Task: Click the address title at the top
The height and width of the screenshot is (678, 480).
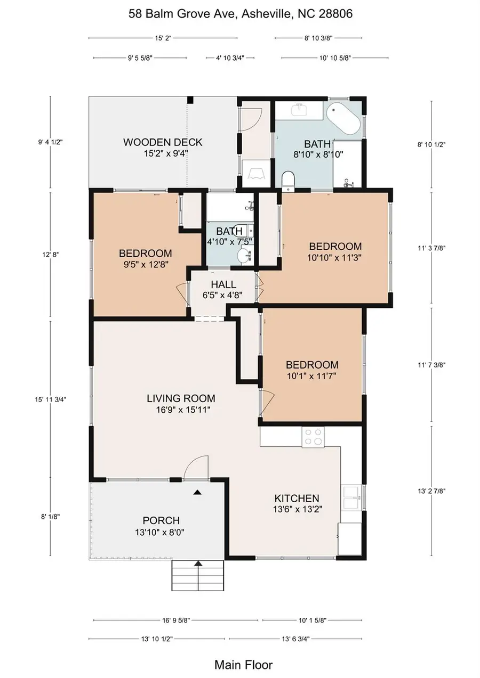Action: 241,14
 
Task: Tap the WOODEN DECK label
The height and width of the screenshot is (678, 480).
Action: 163,142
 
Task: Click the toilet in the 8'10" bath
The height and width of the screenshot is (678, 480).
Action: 288,179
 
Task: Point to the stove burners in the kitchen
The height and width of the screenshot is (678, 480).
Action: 313,437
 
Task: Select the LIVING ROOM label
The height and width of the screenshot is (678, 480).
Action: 181,398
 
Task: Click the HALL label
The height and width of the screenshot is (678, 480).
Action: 223,285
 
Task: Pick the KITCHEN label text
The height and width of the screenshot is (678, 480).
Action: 297,499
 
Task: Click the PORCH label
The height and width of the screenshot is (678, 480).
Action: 161,520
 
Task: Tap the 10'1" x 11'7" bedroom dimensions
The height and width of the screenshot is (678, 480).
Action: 312,376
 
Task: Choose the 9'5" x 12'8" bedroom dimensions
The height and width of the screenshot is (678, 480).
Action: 145,264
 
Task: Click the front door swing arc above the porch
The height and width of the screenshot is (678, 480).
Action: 195,467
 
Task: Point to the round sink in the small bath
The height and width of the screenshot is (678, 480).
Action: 245,256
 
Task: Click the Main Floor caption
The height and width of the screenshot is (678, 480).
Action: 243,665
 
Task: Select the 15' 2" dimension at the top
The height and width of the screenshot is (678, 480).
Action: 163,38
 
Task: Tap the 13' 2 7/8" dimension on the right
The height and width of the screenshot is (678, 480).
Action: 431,491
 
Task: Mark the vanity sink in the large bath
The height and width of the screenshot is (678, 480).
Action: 299,110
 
